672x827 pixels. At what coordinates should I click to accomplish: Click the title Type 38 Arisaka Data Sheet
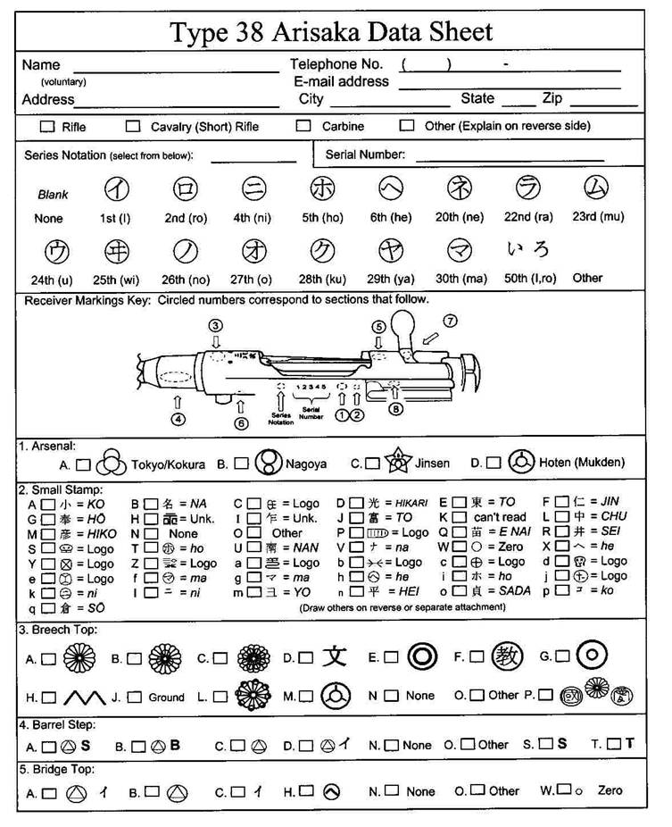[x=331, y=33]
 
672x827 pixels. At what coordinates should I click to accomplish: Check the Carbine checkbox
[x=303, y=126]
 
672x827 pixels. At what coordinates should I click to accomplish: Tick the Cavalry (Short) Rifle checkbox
[x=133, y=126]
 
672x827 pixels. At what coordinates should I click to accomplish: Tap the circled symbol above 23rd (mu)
[x=596, y=189]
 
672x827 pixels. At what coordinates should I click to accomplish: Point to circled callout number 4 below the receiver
[x=178, y=418]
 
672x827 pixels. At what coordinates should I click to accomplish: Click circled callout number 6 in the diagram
[x=241, y=423]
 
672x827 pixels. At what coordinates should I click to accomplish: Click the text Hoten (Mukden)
[x=582, y=464]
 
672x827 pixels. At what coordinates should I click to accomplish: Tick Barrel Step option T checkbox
[x=613, y=744]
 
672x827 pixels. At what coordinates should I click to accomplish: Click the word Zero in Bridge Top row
[x=610, y=790]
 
